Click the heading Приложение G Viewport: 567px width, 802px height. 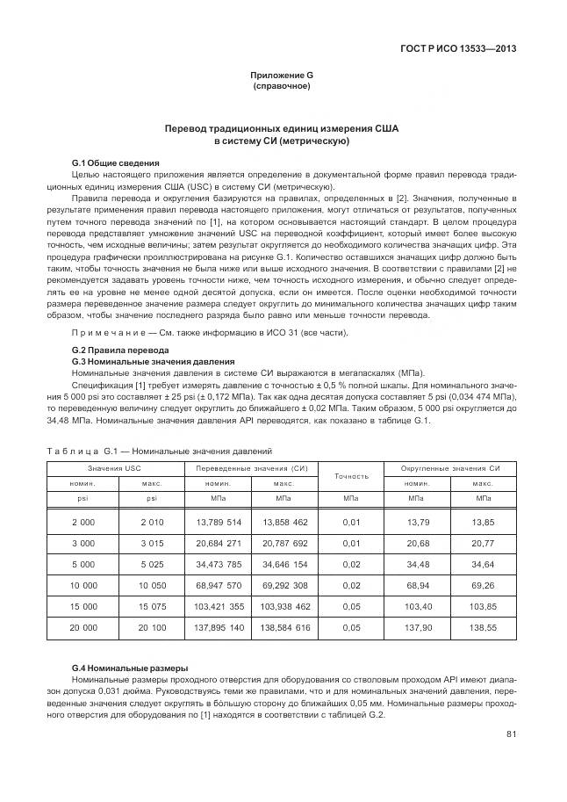[x=282, y=76]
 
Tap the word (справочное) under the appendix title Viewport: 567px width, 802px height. [x=282, y=87]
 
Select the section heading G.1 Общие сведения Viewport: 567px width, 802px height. [x=115, y=163]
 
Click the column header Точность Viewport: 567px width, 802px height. [x=351, y=476]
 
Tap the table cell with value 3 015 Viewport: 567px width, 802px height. [x=151, y=544]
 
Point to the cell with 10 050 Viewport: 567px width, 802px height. [x=151, y=586]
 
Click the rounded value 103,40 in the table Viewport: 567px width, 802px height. [x=417, y=607]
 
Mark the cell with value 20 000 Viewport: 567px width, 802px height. [x=83, y=629]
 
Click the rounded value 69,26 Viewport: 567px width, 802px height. [x=483, y=586]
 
